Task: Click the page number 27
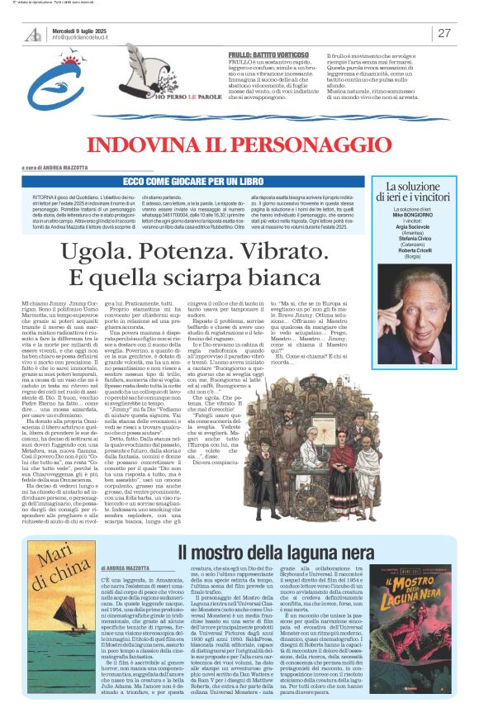pos(444,34)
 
